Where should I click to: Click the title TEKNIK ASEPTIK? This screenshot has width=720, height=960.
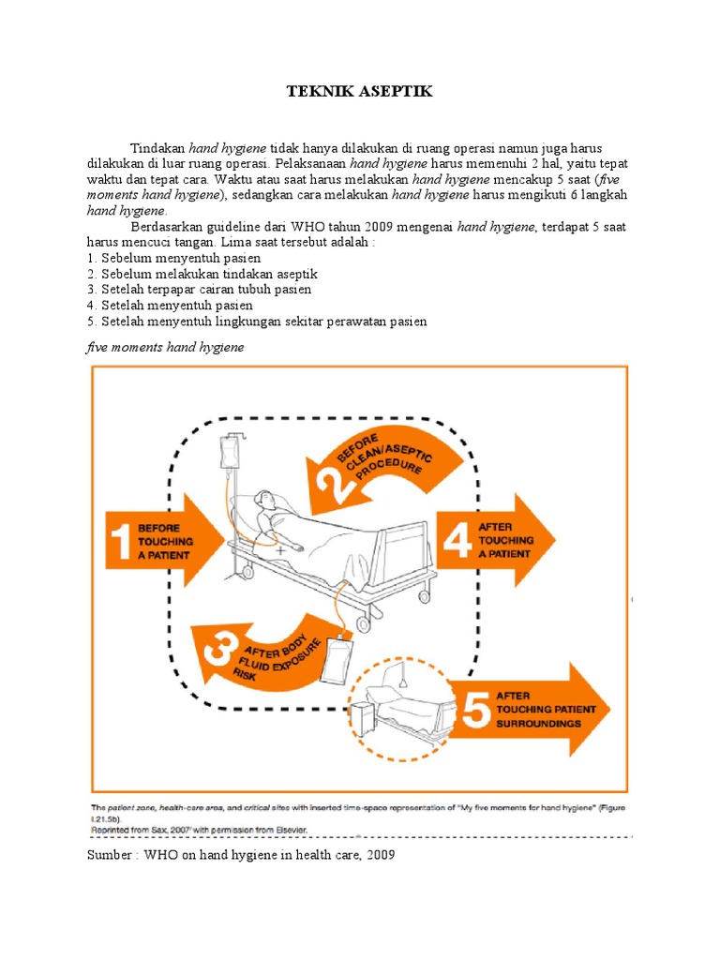pos(360,92)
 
